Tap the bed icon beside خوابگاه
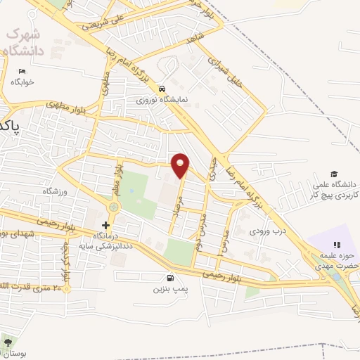(22, 72)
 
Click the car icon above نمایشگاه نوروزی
(162, 89)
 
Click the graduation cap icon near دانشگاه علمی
(335, 174)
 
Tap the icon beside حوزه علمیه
(337, 245)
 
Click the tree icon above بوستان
(8, 342)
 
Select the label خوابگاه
(22, 82)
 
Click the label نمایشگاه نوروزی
(162, 100)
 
